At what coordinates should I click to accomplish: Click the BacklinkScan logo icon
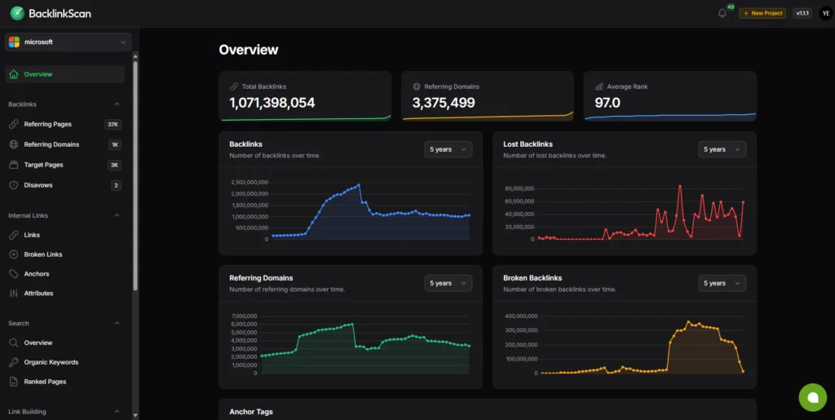click(16, 13)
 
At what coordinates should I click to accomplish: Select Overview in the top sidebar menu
click(38, 74)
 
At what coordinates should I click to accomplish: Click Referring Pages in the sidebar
click(47, 124)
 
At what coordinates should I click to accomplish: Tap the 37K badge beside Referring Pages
click(113, 124)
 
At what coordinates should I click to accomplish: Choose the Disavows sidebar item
click(38, 185)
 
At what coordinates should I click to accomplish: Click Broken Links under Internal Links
click(43, 254)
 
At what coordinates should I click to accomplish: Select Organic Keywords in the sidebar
click(51, 362)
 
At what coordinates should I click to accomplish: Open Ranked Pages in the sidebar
click(45, 382)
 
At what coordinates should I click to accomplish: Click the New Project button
click(762, 13)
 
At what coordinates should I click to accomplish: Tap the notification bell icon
click(722, 13)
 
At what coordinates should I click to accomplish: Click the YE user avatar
click(825, 13)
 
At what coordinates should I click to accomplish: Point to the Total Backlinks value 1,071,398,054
click(272, 103)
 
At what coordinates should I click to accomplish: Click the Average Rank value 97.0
click(607, 103)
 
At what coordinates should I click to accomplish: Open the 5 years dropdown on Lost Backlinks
click(722, 149)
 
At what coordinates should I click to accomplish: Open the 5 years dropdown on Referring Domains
click(448, 283)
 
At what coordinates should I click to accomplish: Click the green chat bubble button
click(812, 397)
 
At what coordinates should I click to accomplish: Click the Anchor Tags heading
click(251, 412)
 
